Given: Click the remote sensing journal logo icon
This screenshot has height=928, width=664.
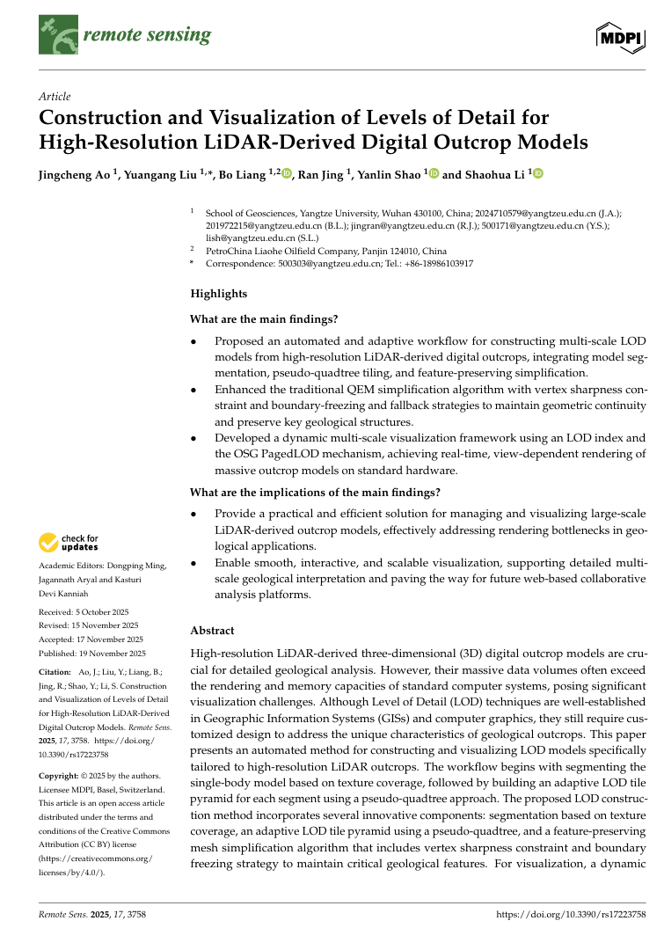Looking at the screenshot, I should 56,35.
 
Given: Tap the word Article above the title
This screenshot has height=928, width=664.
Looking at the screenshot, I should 55,96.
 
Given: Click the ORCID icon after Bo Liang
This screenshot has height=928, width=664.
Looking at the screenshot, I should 287,174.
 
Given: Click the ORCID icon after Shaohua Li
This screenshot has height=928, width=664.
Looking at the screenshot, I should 538,174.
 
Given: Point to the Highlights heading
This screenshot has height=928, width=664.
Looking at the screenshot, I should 219,294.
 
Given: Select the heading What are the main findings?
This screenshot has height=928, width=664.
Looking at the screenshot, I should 264,318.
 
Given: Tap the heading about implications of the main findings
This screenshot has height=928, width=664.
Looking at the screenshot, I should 315,492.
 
